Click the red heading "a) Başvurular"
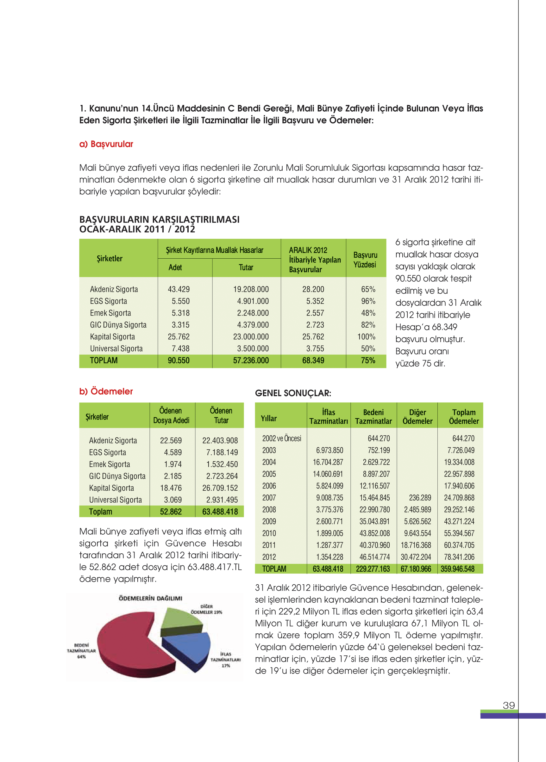click(x=106, y=144)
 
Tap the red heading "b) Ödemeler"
click(x=106, y=391)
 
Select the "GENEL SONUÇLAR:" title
click(x=293, y=393)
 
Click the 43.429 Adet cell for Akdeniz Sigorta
click(x=179, y=289)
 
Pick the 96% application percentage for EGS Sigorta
click(x=368, y=301)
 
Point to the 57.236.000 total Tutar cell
click(x=251, y=360)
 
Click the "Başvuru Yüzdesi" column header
click(x=365, y=260)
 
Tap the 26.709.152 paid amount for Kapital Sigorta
click(x=220, y=488)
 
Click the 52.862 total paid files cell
click(x=171, y=512)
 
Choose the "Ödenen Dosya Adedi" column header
click(x=171, y=415)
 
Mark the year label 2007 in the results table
click(x=269, y=498)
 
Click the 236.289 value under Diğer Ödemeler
click(x=420, y=498)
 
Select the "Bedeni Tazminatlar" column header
click(x=373, y=416)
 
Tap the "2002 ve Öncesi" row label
click(x=281, y=438)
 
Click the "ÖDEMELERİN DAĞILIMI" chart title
click(x=150, y=598)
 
